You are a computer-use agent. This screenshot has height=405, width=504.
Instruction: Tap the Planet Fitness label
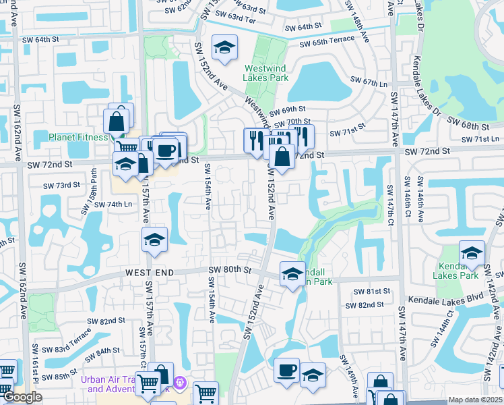click(x=78, y=137)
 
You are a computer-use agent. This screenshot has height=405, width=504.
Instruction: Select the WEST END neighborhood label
click(x=150, y=272)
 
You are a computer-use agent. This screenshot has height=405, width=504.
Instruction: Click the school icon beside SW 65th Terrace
click(x=224, y=47)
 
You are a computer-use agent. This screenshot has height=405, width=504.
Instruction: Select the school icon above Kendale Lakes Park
click(x=472, y=254)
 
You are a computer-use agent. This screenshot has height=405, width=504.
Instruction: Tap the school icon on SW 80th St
click(x=292, y=274)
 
